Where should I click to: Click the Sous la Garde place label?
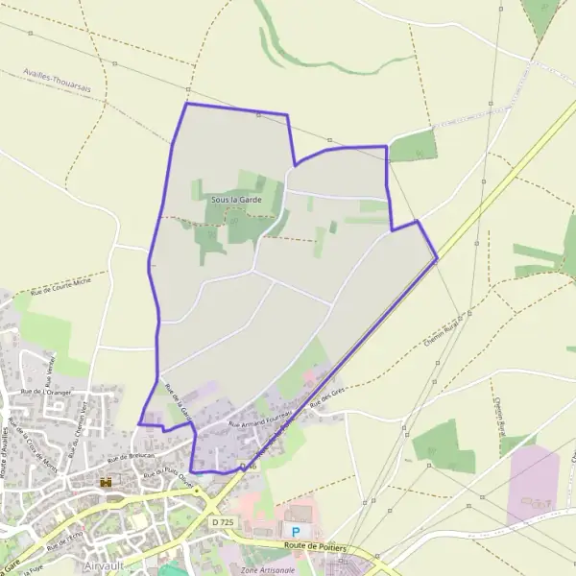[235, 199]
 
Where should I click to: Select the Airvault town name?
[107, 566]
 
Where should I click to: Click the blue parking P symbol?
[296, 531]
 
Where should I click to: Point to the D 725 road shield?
[222, 521]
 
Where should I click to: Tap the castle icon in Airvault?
[108, 482]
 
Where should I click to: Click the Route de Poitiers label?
[314, 547]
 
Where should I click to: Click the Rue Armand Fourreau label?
[259, 417]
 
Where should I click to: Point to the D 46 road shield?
[249, 465]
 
